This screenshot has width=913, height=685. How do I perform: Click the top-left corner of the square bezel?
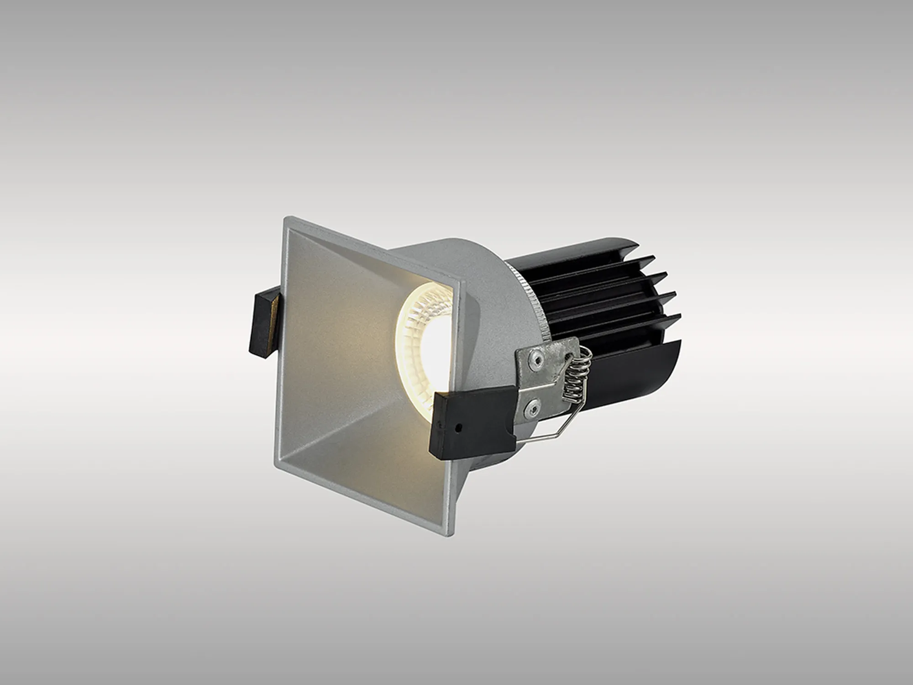285,218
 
